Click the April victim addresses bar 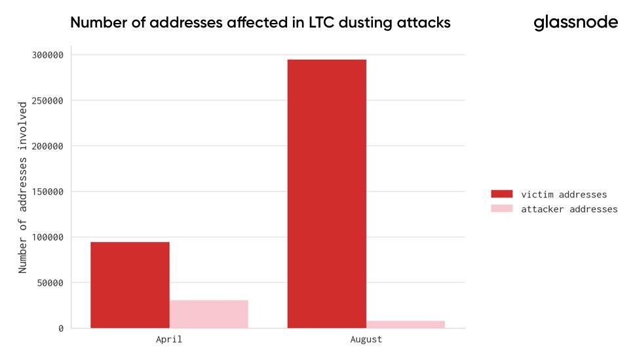coord(130,285)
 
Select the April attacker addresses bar coord(208,314)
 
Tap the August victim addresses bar coord(326,193)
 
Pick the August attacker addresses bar coord(405,324)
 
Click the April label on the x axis coord(169,340)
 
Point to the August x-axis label coord(366,340)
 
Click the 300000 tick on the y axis coord(47,55)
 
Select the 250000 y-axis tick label coord(47,100)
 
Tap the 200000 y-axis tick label coord(47,146)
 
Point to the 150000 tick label coord(47,191)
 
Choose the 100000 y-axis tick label coord(47,237)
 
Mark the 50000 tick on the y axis coord(50,283)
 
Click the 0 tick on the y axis coord(61,328)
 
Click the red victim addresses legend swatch coord(502,194)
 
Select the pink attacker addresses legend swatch coord(502,209)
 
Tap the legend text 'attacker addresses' coord(569,209)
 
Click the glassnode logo coord(575,22)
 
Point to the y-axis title coord(23,187)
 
